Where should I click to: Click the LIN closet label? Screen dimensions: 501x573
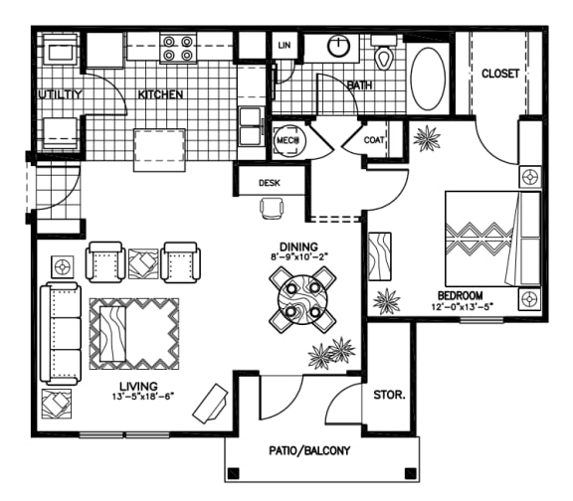pos(284,45)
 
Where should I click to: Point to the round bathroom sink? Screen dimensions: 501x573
pos(339,46)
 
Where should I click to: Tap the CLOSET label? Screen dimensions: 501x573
pos(500,74)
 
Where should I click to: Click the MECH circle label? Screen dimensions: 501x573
pos(289,141)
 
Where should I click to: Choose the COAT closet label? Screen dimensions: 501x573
pos(374,140)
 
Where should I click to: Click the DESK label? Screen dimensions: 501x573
pos(269,182)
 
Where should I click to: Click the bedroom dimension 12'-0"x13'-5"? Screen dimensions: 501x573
pos(462,308)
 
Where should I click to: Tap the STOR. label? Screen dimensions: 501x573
pos(389,395)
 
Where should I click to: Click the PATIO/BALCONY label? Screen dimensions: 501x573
pos(310,450)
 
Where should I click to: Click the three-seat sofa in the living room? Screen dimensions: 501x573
pos(59,332)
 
